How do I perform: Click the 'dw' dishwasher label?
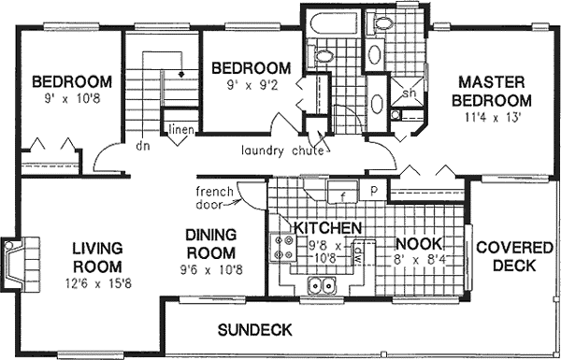pyautogui.click(x=369, y=251)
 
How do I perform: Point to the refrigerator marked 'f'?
pyautogui.click(x=343, y=194)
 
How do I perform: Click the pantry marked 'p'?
pyautogui.click(x=373, y=190)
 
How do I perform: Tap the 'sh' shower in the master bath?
pyautogui.click(x=409, y=93)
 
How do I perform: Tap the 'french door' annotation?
pyautogui.click(x=214, y=198)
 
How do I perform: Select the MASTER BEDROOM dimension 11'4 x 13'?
pyautogui.click(x=491, y=118)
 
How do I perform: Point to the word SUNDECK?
pyautogui.click(x=254, y=330)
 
